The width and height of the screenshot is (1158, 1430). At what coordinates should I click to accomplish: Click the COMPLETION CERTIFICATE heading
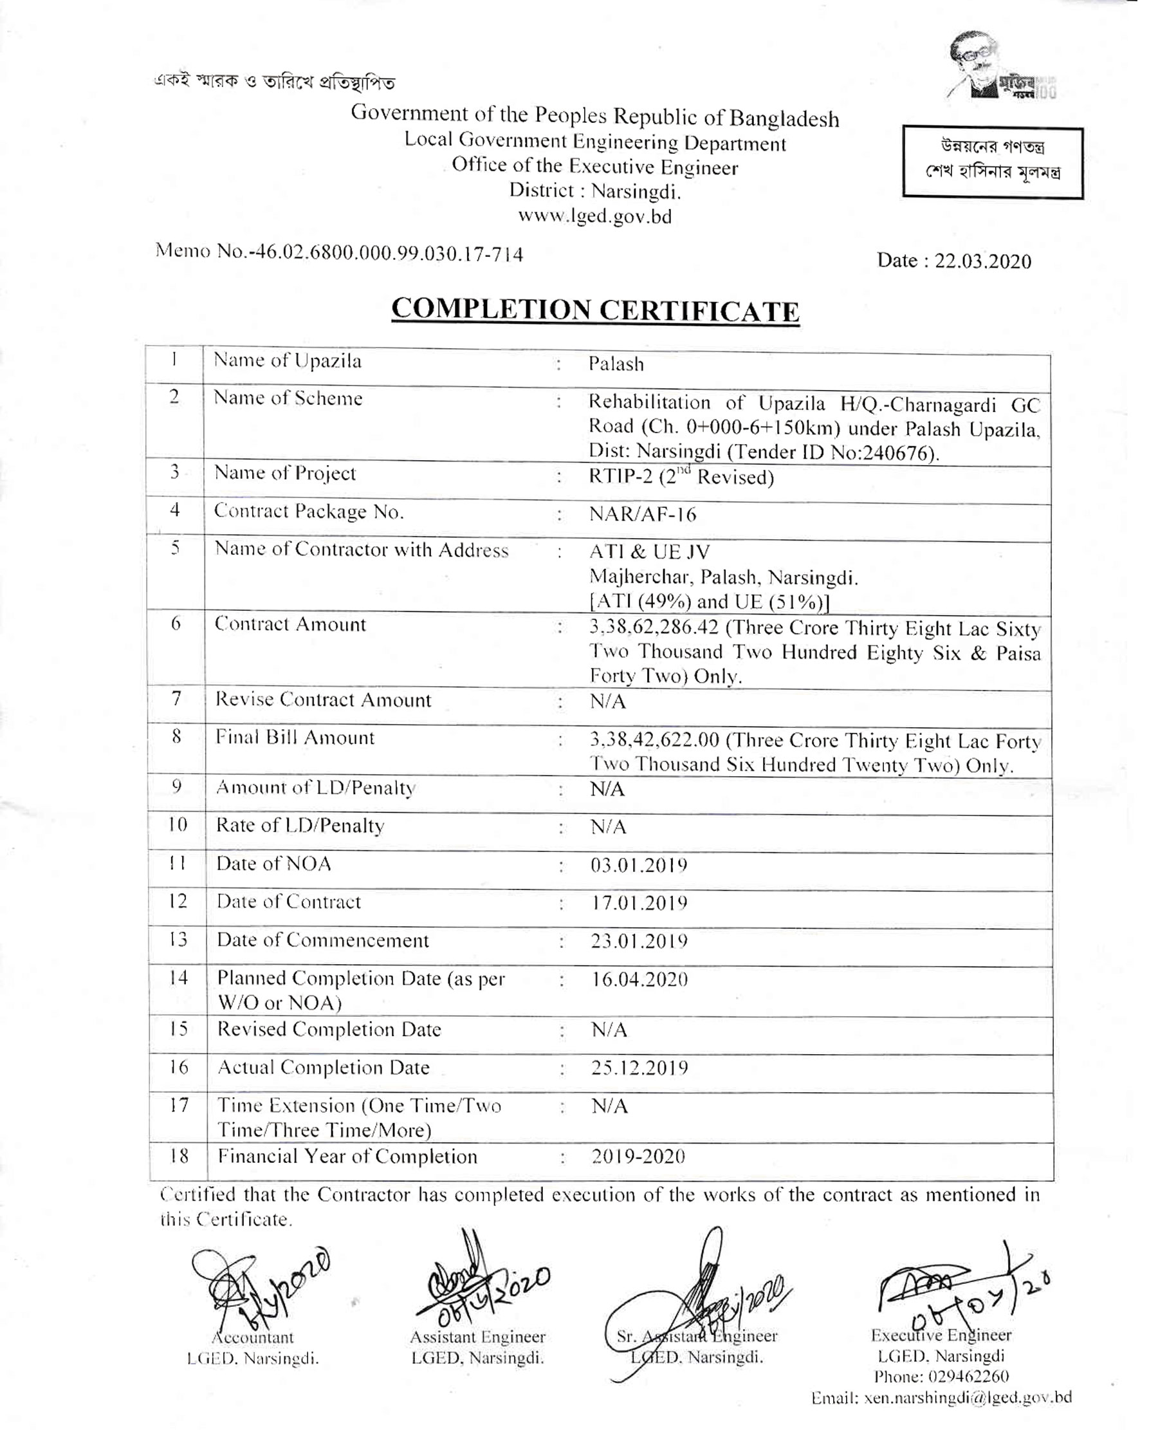point(595,310)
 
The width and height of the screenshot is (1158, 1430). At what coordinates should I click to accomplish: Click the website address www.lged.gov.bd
point(595,217)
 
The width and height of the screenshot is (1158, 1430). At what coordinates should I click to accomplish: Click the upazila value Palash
point(616,364)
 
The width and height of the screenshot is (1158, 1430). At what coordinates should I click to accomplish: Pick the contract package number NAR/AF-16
point(643,514)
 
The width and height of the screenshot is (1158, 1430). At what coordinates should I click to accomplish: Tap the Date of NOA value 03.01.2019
point(638,866)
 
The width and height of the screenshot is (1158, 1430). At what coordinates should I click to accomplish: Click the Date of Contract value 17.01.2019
point(638,904)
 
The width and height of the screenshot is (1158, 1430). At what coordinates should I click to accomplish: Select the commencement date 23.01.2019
point(638,942)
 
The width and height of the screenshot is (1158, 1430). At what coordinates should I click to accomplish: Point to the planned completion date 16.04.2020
point(638,980)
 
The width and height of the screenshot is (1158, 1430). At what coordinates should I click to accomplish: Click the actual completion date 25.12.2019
point(638,1068)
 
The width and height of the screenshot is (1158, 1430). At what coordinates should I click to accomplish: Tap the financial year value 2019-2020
point(638,1156)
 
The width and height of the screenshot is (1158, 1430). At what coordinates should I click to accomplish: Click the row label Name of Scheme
point(288,398)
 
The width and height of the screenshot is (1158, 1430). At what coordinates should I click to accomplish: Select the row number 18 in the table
point(178,1156)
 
